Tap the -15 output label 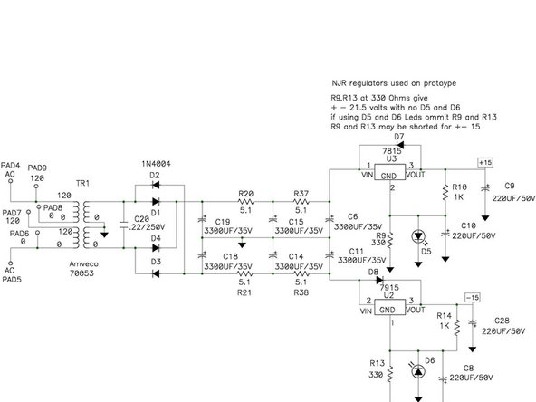[472, 296]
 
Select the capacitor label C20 [142, 220]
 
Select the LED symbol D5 [416, 237]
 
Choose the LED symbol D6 [417, 371]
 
